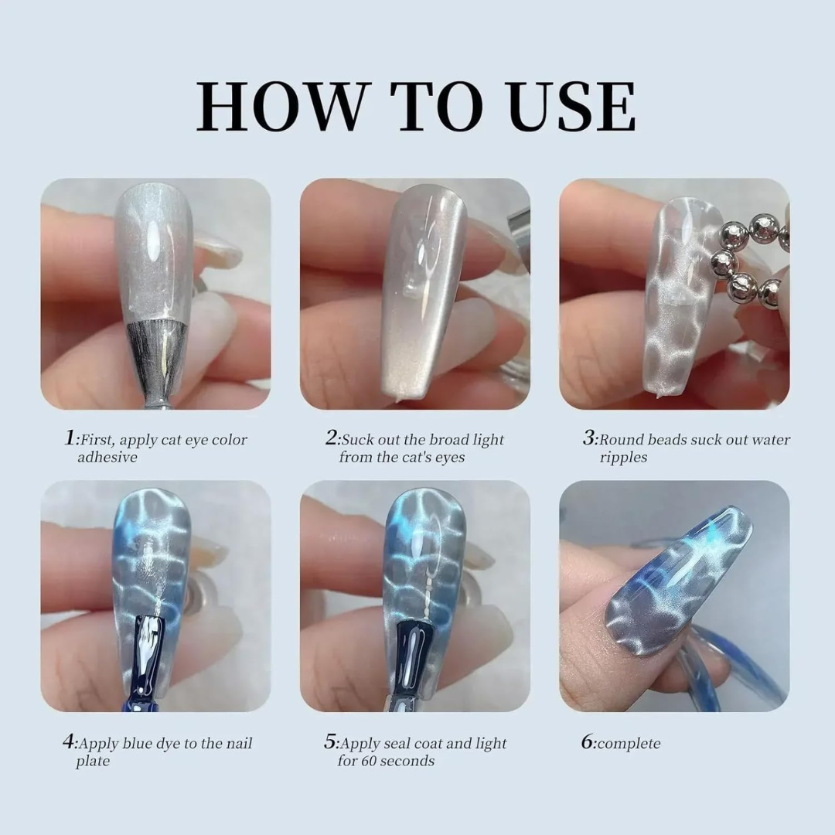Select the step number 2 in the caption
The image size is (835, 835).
[331, 438]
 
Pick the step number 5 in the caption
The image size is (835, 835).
[330, 743]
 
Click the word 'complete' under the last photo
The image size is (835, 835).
[629, 744]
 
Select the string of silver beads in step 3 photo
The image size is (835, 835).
[746, 259]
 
